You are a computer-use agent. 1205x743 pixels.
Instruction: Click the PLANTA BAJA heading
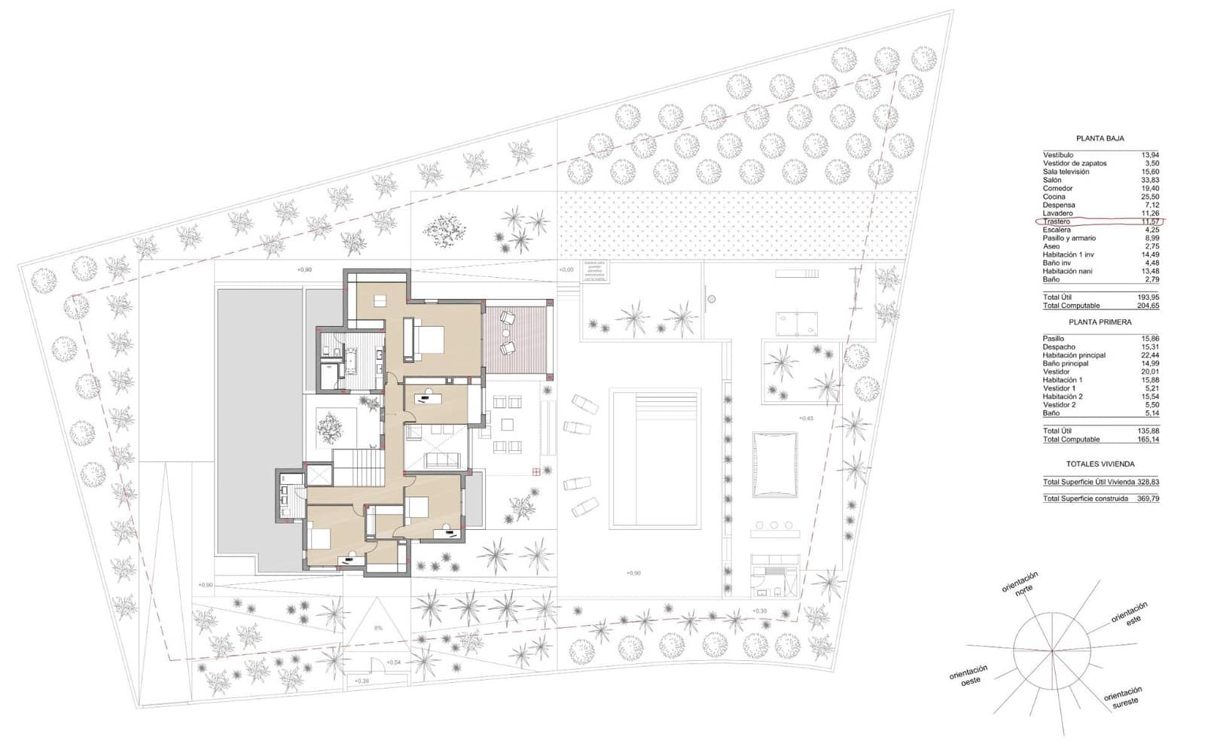coord(1100,139)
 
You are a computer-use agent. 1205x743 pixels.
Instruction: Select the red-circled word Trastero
coord(1057,222)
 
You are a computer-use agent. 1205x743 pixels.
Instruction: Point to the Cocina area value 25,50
coord(1149,197)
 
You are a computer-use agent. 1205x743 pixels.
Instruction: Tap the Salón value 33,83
coord(1149,181)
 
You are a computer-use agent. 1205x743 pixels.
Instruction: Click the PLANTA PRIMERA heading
coord(1100,322)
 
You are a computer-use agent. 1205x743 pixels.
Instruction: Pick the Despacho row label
coord(1059,347)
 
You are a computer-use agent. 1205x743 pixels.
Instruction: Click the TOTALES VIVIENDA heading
coord(1100,464)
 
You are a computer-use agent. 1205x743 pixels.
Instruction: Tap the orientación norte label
coord(1021,584)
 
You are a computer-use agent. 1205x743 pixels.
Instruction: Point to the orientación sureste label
coord(1123,696)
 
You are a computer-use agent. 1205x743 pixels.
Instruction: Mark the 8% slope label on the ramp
coord(378,628)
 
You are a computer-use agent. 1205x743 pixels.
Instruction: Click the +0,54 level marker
coord(393,662)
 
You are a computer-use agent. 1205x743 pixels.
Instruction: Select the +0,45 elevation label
coord(806,419)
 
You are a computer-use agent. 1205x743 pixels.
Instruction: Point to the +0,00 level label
coord(566,269)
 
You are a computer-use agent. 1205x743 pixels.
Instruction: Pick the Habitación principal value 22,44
coord(1149,355)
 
